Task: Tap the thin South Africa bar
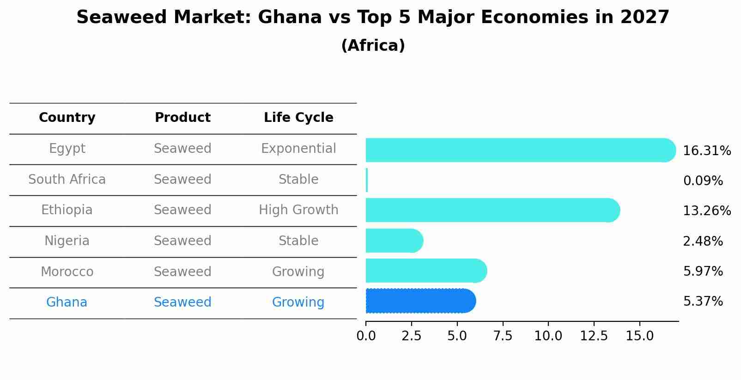(x=367, y=180)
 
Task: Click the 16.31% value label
(x=706, y=151)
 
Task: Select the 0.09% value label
(x=703, y=181)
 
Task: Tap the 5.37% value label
(x=703, y=302)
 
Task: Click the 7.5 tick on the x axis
(x=503, y=336)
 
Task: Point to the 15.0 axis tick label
(x=639, y=336)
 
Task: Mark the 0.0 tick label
(x=366, y=336)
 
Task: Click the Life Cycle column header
(x=298, y=118)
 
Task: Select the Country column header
(x=67, y=118)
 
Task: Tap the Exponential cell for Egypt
(x=298, y=149)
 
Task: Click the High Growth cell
(x=298, y=210)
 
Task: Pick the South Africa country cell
(x=67, y=179)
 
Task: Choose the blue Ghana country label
(x=67, y=302)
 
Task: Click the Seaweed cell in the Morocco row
(x=182, y=271)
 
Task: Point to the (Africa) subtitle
(x=373, y=46)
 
